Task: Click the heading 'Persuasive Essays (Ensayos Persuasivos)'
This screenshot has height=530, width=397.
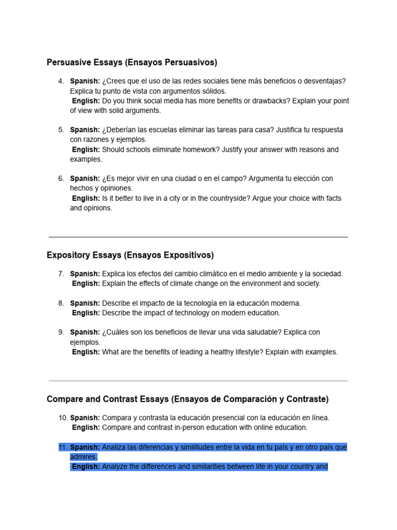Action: coord(132,63)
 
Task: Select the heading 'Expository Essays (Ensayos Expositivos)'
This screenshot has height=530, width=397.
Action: coord(130,255)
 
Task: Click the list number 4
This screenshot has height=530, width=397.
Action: coord(62,81)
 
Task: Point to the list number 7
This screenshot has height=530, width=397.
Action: coord(62,274)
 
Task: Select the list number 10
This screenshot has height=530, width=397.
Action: coord(63,418)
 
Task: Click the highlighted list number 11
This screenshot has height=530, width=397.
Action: coord(63,447)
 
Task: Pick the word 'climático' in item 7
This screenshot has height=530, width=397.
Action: coord(189,274)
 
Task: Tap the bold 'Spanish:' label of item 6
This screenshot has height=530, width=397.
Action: coord(85,179)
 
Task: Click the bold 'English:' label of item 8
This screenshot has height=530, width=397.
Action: coord(86,313)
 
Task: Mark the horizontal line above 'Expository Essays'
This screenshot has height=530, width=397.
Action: coord(198,237)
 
